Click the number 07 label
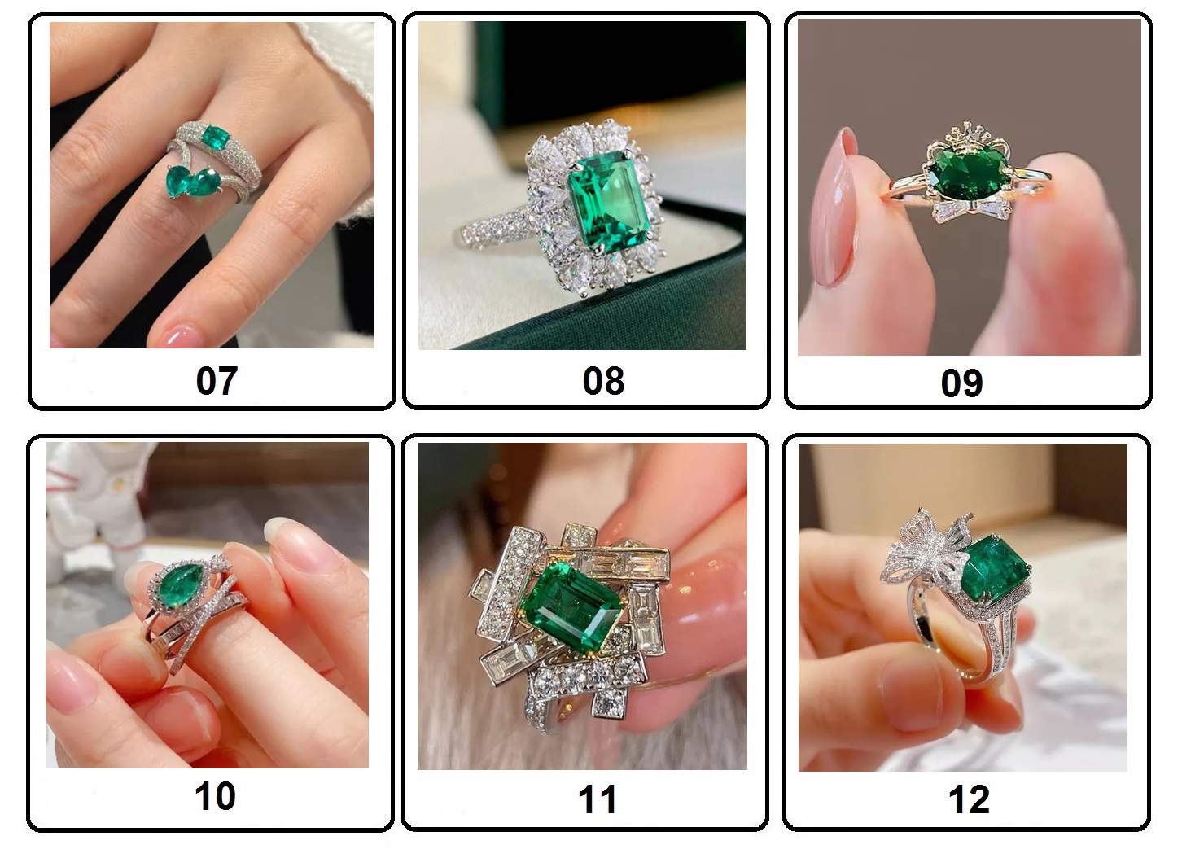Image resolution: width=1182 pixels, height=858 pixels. [217, 381]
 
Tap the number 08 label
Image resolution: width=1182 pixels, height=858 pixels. [604, 381]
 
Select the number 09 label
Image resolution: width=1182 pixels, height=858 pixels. [961, 383]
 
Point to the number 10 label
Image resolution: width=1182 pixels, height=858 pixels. [215, 796]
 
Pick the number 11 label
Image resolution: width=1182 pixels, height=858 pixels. [598, 799]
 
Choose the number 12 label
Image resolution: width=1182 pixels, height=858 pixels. [969, 799]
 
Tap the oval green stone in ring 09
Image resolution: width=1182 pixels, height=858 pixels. [969, 173]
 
